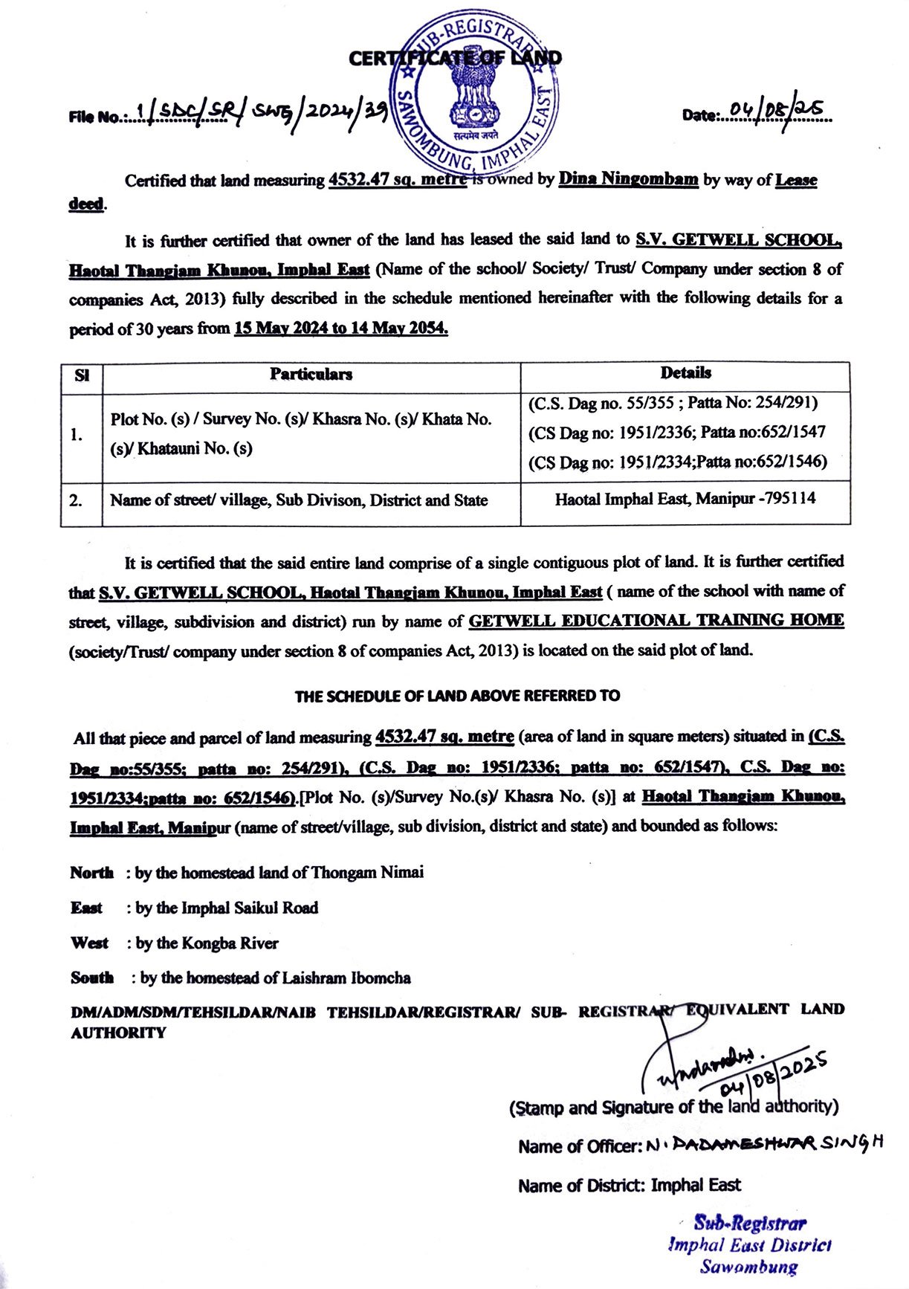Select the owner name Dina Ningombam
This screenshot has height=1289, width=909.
click(628, 179)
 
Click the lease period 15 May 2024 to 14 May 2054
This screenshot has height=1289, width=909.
click(341, 329)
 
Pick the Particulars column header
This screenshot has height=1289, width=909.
click(311, 374)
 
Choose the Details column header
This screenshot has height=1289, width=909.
click(685, 373)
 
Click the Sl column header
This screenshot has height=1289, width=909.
click(82, 375)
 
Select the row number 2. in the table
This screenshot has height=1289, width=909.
click(77, 500)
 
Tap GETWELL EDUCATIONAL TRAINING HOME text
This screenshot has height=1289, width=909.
click(656, 621)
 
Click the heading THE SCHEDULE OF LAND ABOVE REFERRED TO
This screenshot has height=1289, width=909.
click(457, 697)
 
